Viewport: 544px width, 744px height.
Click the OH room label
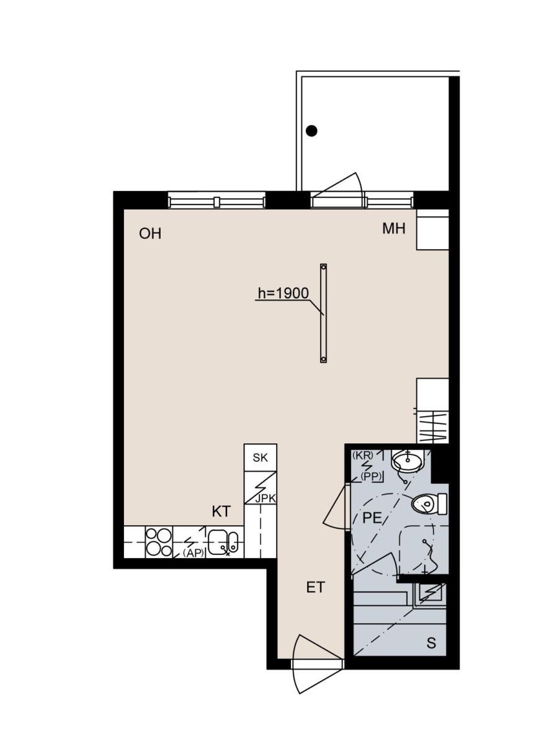pyautogui.click(x=150, y=234)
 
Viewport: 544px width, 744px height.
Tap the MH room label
pyautogui.click(x=394, y=229)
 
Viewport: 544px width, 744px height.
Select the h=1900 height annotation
pyautogui.click(x=283, y=293)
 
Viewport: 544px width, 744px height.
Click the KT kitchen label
pyautogui.click(x=221, y=511)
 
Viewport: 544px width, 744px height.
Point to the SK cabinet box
pyautogui.click(x=260, y=458)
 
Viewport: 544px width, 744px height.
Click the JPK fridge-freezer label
pyautogui.click(x=265, y=498)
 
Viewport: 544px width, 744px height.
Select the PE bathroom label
pyautogui.click(x=372, y=518)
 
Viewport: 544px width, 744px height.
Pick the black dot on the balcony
pyautogui.click(x=311, y=131)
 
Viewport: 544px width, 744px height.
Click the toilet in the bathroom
pyautogui.click(x=429, y=504)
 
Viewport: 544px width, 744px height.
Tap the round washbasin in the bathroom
pyautogui.click(x=407, y=460)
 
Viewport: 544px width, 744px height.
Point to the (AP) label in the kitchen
pyautogui.click(x=193, y=552)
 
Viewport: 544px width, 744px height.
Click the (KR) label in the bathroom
pyautogui.click(x=363, y=455)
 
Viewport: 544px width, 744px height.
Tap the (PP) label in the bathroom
pyautogui.click(x=372, y=477)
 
